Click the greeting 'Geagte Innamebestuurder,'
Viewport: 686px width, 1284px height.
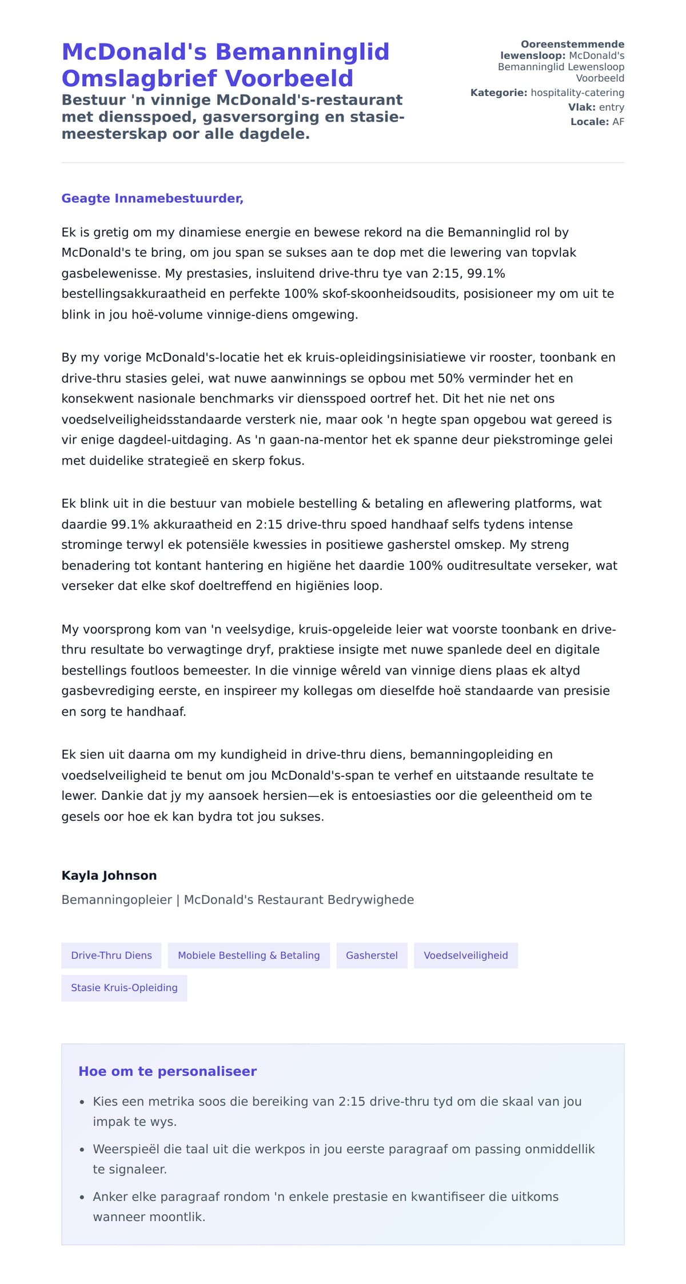152,198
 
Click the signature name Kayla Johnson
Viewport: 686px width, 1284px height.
109,875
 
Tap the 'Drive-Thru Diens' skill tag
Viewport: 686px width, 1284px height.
111,955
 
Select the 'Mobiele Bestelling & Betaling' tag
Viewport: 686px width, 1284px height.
249,955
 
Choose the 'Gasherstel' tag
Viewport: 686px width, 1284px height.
372,955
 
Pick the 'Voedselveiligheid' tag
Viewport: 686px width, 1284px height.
465,955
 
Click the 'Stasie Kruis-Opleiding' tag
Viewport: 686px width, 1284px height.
124,987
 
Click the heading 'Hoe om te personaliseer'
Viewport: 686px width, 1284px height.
167,1071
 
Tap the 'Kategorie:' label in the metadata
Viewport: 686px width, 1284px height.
498,93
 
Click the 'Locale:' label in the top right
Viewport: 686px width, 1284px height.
589,122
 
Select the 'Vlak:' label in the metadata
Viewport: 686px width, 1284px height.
581,107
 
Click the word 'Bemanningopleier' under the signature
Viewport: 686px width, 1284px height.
117,900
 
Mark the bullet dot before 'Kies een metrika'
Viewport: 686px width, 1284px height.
82,1102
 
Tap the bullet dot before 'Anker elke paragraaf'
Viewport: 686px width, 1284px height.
82,1197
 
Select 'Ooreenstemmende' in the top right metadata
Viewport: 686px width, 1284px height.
572,44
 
